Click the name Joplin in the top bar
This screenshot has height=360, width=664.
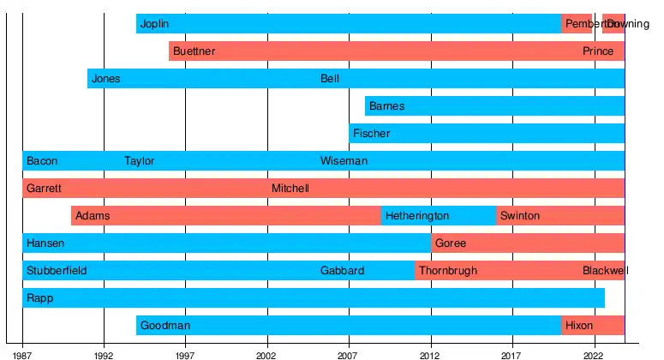coord(154,24)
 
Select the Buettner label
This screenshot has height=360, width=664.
coord(194,51)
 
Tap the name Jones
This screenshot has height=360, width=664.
coord(105,79)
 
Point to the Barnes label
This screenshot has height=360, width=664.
coord(386,106)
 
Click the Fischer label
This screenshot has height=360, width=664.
coord(371,134)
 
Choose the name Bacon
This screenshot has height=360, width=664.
coord(42,161)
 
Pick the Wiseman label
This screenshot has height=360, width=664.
coord(344,161)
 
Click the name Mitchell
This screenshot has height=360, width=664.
coord(290,189)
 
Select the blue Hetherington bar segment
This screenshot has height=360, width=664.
coord(438,216)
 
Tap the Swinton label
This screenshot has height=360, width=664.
coord(520,216)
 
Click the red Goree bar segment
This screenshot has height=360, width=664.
coord(528,243)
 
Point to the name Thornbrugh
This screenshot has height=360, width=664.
coord(448,271)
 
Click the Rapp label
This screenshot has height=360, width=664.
coord(39,298)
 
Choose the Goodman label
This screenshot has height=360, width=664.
coord(165,326)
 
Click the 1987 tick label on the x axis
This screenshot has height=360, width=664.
coord(22,354)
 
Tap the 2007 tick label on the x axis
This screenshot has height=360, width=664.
coord(349,354)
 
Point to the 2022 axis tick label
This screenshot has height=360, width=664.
coord(593,354)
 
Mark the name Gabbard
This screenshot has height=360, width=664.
coord(342,271)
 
